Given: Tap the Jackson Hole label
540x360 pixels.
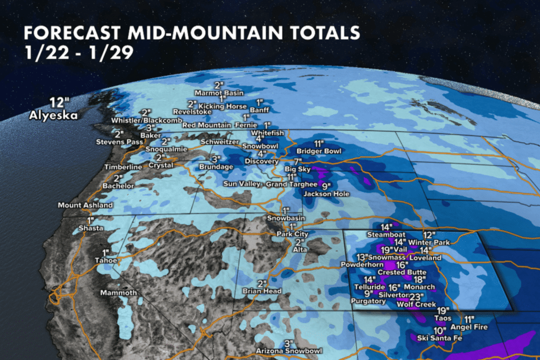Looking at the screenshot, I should click(319, 193).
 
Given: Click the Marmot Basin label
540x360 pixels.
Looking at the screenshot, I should click(218, 93).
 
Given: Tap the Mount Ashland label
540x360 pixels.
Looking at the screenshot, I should click(78, 205).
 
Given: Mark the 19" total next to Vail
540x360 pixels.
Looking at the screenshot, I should click(386, 249).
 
